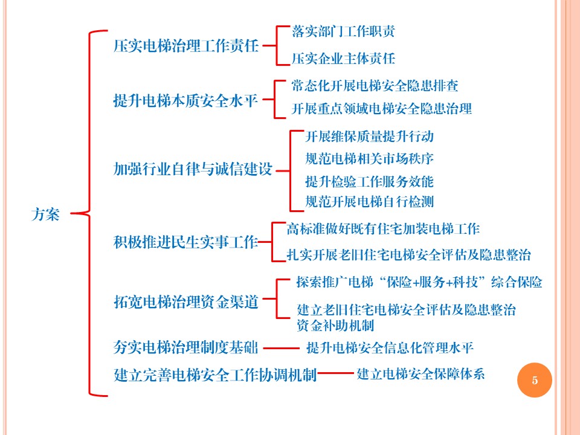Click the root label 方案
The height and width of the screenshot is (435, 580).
pyautogui.click(x=45, y=214)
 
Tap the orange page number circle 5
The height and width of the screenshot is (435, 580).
pyautogui.click(x=535, y=380)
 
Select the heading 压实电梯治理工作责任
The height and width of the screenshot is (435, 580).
pyautogui.click(x=185, y=47)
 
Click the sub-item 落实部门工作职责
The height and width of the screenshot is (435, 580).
pyautogui.click(x=343, y=31)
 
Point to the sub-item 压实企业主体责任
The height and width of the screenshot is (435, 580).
pyautogui.click(x=343, y=59)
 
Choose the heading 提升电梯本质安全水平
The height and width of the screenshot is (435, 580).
pyautogui.click(x=185, y=100)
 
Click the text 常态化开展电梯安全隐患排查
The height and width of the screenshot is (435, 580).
pyautogui.click(x=375, y=86)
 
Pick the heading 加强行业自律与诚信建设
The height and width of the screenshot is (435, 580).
pyautogui.click(x=193, y=169)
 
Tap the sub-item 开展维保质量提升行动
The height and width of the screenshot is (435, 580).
pyautogui.click(x=370, y=137)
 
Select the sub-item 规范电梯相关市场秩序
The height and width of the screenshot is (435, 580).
pyautogui.click(x=370, y=159)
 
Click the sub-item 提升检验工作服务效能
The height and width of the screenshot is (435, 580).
pyautogui.click(x=370, y=182)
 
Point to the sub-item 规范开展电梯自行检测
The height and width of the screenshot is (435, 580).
pyautogui.click(x=370, y=202)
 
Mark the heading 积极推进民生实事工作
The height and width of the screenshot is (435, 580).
pyautogui.click(x=185, y=242)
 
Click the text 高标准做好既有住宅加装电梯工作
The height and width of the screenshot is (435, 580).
pyautogui.click(x=383, y=229)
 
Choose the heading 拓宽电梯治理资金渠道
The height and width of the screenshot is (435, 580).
pyautogui.click(x=185, y=302)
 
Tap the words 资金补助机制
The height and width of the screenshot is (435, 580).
pyautogui.click(x=335, y=326)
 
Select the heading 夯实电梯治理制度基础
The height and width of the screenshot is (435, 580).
pyautogui.click(x=185, y=347)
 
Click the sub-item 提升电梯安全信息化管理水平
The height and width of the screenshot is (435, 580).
pyautogui.click(x=390, y=348)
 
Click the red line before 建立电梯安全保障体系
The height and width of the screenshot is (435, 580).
pyautogui.click(x=335, y=373)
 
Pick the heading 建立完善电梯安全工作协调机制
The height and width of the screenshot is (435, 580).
pyautogui.click(x=215, y=375)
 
